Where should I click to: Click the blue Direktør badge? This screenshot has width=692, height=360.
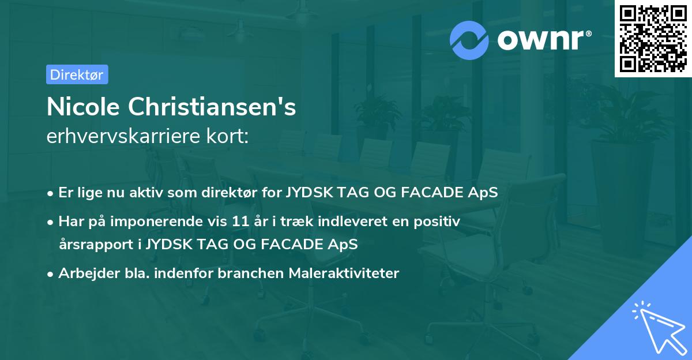point(77,74)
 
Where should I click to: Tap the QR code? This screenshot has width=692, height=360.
point(653,38)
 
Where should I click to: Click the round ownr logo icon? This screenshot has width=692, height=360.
point(469,40)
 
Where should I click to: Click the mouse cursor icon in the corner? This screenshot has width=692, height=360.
point(657,327)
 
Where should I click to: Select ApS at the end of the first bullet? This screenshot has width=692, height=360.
point(484,192)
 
